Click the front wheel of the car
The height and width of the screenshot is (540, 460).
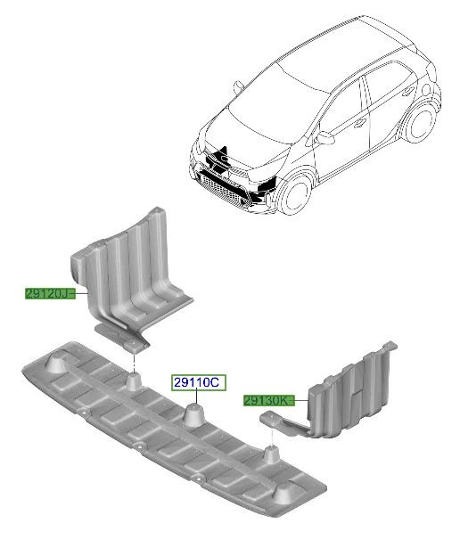point(294,194)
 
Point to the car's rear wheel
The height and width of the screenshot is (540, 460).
point(422,123)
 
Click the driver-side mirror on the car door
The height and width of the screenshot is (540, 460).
point(324,137)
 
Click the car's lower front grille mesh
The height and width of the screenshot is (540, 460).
point(223,191)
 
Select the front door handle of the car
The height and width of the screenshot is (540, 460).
point(360,123)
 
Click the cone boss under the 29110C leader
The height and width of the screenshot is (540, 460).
point(196,415)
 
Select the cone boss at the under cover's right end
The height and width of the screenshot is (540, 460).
point(283,493)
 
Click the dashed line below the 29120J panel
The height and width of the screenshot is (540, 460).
point(134,363)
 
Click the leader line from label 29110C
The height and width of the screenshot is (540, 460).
point(196,397)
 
